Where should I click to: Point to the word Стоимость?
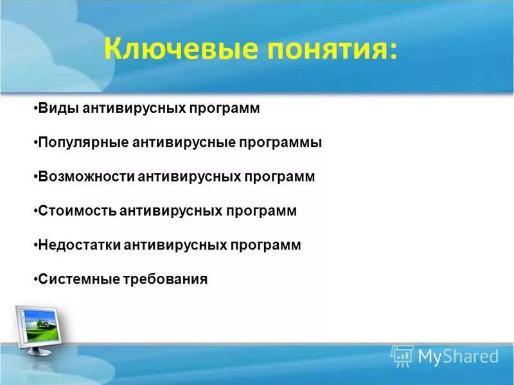click(x=76, y=210)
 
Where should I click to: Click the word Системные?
click(x=78, y=279)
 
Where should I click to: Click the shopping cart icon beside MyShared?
click(x=402, y=355)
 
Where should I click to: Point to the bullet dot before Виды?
click(x=34, y=108)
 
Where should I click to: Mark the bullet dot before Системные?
click(x=34, y=279)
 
